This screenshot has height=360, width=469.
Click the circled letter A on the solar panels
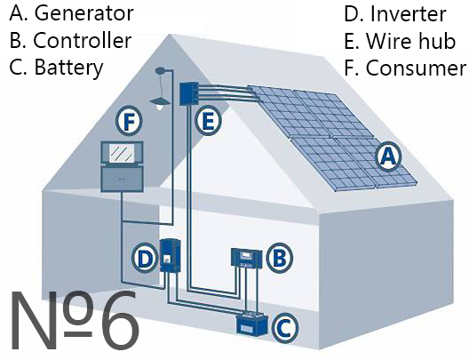388,156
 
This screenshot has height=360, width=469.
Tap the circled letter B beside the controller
280,258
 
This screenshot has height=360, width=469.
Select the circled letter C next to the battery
285,327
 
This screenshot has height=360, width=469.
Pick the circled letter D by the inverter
145,259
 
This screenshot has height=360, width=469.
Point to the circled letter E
208,121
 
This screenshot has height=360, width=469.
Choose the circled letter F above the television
129,121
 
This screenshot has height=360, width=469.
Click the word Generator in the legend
84,13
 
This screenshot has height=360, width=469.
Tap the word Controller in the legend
83,40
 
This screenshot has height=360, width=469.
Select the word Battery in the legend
68,68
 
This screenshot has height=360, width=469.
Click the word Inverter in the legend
409,13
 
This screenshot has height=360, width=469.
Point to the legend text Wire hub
410,41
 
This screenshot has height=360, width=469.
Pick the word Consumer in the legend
416,68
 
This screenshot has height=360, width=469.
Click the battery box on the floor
251,324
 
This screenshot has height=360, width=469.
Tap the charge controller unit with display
247,259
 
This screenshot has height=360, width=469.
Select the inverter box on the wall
170,255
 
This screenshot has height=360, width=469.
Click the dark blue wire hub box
188,93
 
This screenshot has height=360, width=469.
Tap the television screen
122,154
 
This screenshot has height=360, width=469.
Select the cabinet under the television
122,179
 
